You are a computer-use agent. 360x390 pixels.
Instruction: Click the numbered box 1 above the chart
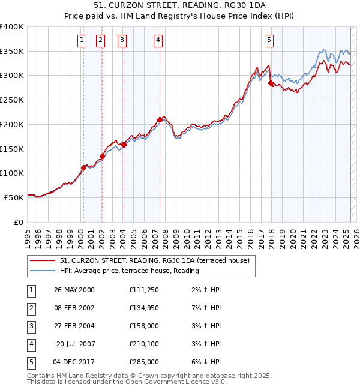click(x=82, y=40)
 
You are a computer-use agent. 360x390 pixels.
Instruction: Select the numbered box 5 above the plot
click(x=269, y=40)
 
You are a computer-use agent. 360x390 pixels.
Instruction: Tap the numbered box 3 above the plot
click(x=122, y=40)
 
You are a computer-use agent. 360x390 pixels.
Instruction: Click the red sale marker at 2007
click(x=160, y=119)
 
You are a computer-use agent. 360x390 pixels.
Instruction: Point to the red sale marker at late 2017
click(x=271, y=83)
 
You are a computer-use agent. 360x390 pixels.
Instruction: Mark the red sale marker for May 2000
click(x=83, y=167)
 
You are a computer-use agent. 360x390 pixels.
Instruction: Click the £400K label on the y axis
click(x=12, y=27)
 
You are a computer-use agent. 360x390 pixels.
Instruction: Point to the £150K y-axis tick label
click(x=12, y=148)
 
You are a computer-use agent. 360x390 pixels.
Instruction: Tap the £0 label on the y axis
click(x=19, y=222)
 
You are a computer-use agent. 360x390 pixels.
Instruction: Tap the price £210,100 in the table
click(x=144, y=344)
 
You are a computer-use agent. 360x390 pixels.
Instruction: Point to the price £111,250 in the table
click(x=144, y=290)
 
